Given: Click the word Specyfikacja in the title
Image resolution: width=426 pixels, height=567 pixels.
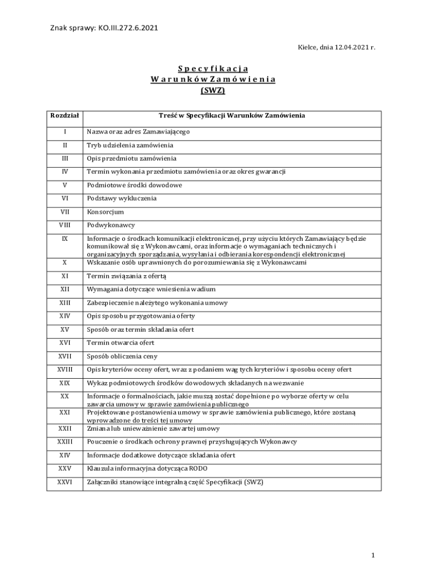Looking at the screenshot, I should [213, 69].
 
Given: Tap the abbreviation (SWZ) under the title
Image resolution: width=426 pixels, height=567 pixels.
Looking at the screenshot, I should [213, 90].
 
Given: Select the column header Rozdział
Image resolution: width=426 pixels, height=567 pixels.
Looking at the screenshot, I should [65, 116].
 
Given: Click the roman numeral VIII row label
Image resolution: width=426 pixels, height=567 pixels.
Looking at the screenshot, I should [65, 225].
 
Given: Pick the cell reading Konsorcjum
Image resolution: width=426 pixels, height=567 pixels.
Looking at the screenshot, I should [105, 212].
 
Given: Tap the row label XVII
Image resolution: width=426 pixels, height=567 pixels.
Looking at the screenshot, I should [65, 357].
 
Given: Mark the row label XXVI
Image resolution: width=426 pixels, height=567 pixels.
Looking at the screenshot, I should [65, 482].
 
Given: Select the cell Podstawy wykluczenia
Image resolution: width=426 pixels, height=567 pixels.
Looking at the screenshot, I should [122, 198].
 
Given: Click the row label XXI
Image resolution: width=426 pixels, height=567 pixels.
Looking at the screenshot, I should [65, 413].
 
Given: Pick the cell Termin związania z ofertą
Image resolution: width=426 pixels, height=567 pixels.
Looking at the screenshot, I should [127, 276].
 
